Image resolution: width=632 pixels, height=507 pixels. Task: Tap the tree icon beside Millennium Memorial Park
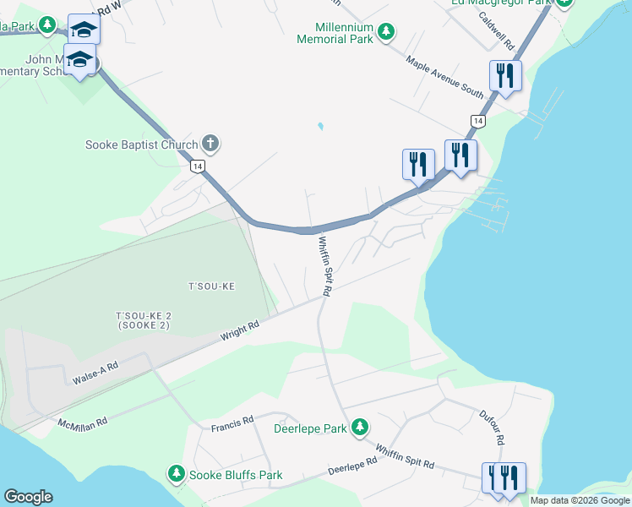pos(386,32)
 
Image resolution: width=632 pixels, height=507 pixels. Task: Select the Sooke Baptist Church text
pos(141,144)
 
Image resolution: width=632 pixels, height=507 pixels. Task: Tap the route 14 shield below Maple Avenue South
pos(478,122)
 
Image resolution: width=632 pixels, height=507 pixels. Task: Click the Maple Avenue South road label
pos(444,76)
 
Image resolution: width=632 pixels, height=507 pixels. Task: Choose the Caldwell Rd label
pos(496,29)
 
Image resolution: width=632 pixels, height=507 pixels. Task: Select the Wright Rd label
pos(239,330)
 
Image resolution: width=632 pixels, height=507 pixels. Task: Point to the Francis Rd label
pos(232,420)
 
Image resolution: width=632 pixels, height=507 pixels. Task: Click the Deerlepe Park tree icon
pos(360,426)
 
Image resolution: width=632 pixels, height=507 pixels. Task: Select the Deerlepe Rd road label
pos(351,466)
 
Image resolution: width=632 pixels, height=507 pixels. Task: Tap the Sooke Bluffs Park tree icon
pos(177,473)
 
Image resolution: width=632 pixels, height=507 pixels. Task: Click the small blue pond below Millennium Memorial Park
pos(319,128)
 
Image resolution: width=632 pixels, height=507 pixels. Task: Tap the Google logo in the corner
pos(28,497)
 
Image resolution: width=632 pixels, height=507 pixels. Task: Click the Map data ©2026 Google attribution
pos(579,500)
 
